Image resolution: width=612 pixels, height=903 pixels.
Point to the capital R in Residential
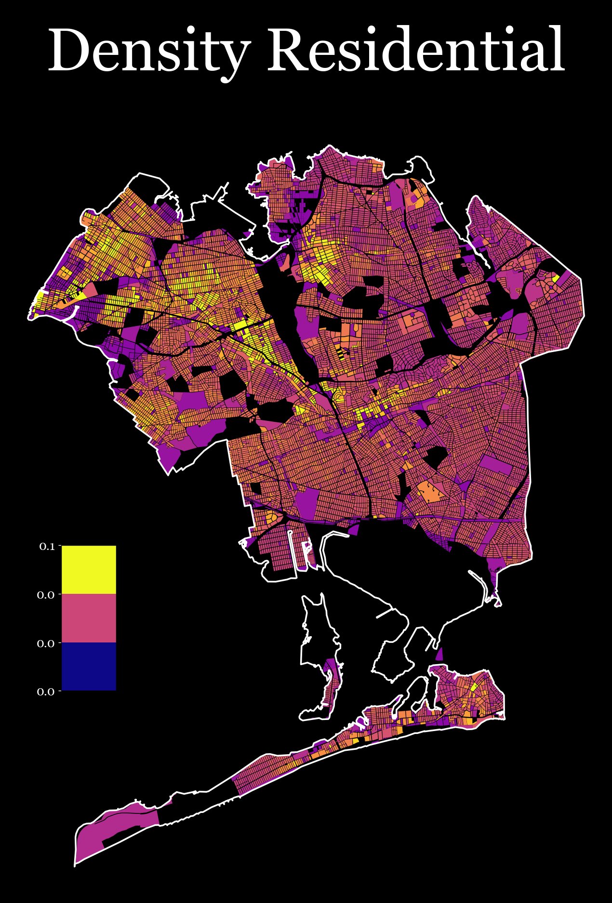point(288,51)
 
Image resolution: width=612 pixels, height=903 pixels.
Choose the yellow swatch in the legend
point(89,570)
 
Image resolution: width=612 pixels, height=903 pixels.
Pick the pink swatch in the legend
point(89,618)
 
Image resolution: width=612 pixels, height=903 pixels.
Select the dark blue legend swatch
point(89,666)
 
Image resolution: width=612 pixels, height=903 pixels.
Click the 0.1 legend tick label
point(47,546)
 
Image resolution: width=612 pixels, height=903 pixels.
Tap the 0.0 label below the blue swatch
point(46,692)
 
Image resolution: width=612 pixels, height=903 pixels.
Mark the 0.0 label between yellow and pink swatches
point(46,595)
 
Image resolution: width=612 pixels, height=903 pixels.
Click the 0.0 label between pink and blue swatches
point(46,643)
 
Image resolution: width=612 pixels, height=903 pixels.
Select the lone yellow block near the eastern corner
point(556,278)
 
